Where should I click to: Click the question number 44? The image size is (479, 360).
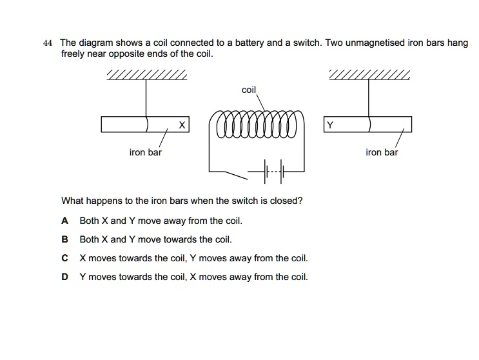(x=46, y=43)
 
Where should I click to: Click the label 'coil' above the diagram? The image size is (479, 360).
(x=249, y=90)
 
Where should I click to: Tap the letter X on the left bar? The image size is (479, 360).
(x=182, y=125)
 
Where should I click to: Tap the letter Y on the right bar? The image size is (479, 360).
(x=330, y=125)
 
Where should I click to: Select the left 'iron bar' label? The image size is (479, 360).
(x=146, y=153)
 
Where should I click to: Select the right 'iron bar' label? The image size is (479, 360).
(x=382, y=153)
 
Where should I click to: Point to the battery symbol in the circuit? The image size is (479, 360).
(x=276, y=172)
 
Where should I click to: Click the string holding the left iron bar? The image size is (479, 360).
(x=146, y=97)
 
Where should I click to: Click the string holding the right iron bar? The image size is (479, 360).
(x=369, y=97)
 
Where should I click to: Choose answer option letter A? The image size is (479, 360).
(x=64, y=221)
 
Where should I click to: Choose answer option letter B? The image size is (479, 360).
(x=64, y=239)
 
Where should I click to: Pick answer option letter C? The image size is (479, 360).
(x=64, y=258)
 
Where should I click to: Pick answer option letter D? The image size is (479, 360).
(x=64, y=277)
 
